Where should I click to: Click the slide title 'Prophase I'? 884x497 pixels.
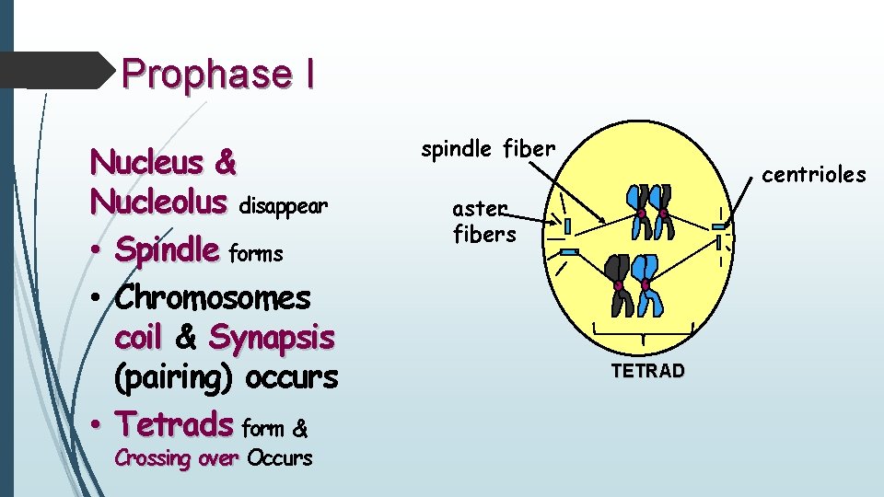(218, 75)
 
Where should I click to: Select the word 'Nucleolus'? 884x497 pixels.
(158, 201)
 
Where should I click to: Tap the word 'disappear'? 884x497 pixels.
(283, 206)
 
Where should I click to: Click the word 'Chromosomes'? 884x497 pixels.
(213, 298)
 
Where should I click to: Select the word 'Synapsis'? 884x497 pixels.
(272, 338)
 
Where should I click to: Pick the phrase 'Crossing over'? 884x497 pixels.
(176, 458)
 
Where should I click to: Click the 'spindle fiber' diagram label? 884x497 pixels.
(488, 148)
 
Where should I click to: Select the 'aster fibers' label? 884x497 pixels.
(483, 223)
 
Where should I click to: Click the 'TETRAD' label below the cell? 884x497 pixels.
(646, 371)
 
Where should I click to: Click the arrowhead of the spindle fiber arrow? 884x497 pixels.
(602, 221)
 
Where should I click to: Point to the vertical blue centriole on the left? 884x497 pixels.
(568, 225)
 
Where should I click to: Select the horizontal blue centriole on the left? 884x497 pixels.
(568, 251)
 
